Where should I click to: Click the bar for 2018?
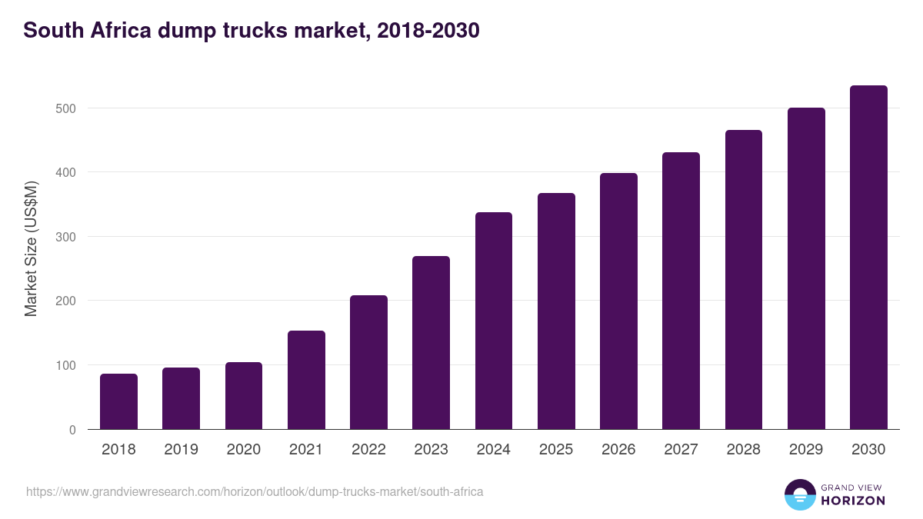click(x=118, y=401)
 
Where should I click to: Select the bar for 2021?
click(x=306, y=380)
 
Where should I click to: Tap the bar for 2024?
click(x=494, y=321)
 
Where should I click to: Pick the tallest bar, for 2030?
click(x=868, y=258)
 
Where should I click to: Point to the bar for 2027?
click(x=681, y=291)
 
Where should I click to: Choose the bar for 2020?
click(x=244, y=395)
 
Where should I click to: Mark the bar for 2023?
click(x=431, y=343)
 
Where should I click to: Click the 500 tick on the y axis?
click(x=66, y=108)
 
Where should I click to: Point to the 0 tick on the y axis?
click(x=72, y=430)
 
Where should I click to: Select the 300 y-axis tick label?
click(x=66, y=237)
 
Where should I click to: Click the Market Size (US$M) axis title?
click(x=31, y=249)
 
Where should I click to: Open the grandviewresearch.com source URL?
click(x=255, y=491)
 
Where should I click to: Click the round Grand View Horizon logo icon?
click(x=799, y=494)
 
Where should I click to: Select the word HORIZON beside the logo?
click(x=853, y=501)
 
